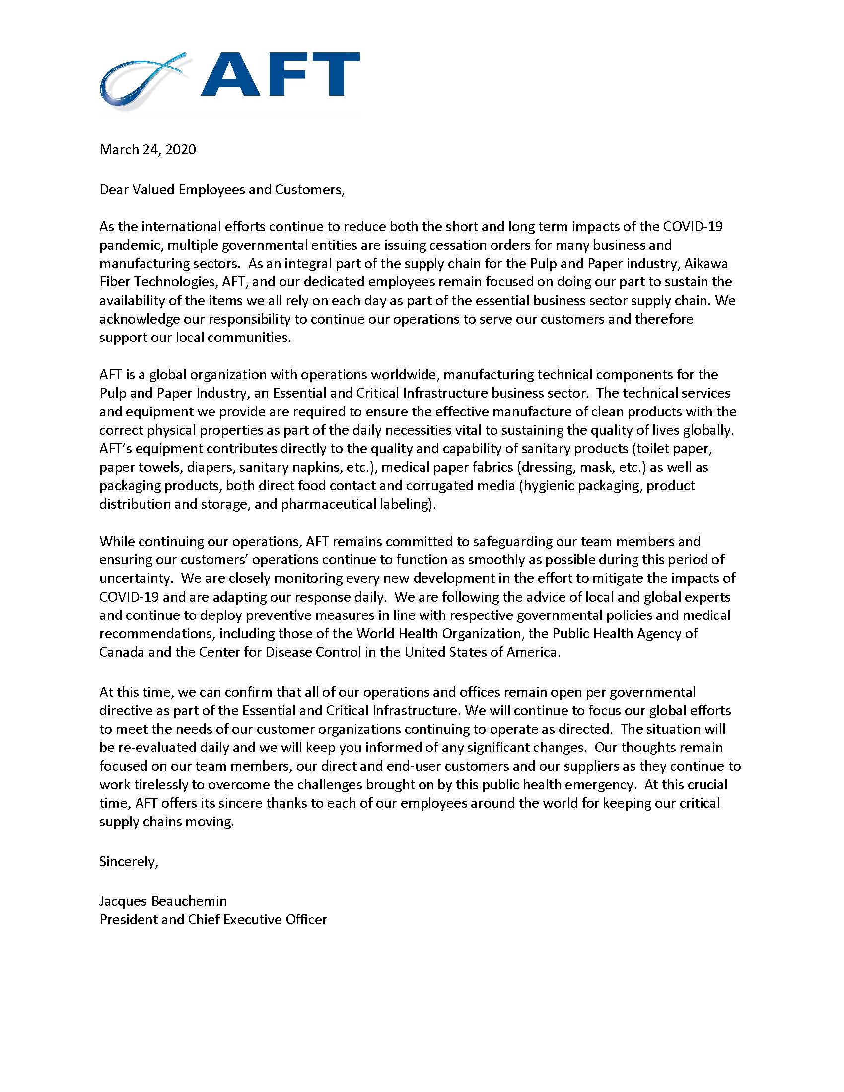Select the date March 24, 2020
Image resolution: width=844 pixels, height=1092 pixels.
pyautogui.click(x=147, y=149)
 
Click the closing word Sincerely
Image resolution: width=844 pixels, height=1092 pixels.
pyautogui.click(x=129, y=861)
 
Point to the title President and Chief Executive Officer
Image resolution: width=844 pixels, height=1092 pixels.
pyautogui.click(x=213, y=919)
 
